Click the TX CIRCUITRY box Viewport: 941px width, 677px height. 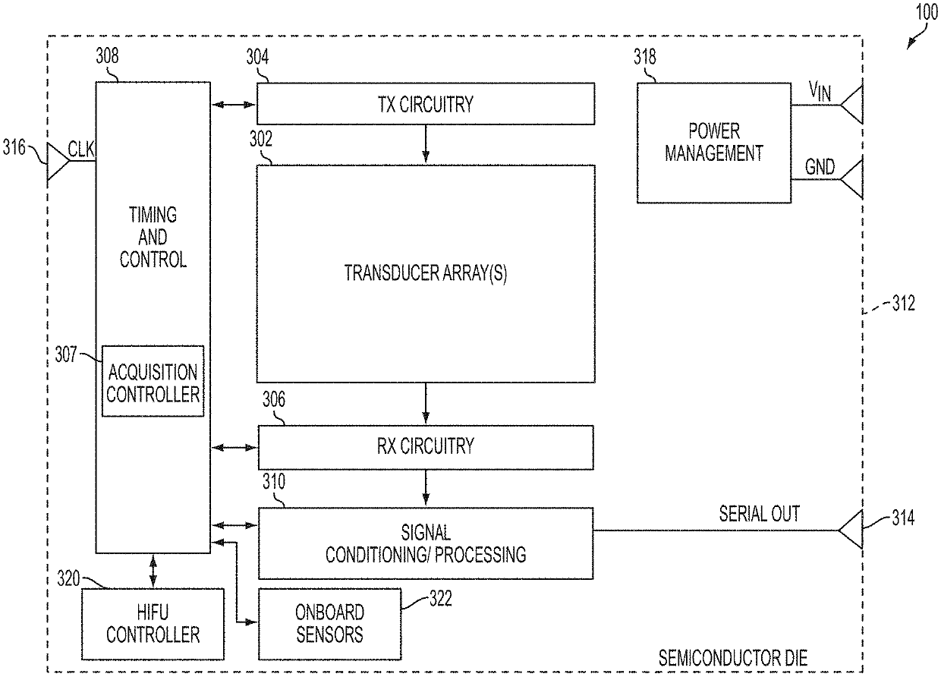[426, 104]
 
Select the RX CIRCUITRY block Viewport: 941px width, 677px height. [426, 448]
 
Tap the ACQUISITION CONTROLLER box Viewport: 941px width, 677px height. [153, 381]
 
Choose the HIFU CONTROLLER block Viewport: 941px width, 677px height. [153, 624]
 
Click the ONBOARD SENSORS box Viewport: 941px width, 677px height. [330, 624]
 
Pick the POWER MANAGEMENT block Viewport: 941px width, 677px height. [714, 143]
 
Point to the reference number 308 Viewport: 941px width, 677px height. [107, 56]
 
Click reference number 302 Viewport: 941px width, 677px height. [261, 139]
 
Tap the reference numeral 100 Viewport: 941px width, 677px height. [927, 12]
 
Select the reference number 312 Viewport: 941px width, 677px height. [903, 304]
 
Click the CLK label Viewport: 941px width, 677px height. [81, 150]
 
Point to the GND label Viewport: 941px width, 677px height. [820, 167]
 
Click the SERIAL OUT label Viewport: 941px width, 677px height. [760, 514]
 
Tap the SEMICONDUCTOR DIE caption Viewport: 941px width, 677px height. [732, 659]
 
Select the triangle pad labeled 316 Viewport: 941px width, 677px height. [58, 162]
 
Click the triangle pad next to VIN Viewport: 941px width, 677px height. [851, 105]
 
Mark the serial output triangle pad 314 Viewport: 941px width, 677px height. [851, 530]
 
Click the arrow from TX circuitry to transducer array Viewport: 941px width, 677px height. [426, 143]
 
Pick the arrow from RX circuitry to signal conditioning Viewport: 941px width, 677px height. [426, 487]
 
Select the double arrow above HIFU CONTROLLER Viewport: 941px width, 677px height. [153, 571]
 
